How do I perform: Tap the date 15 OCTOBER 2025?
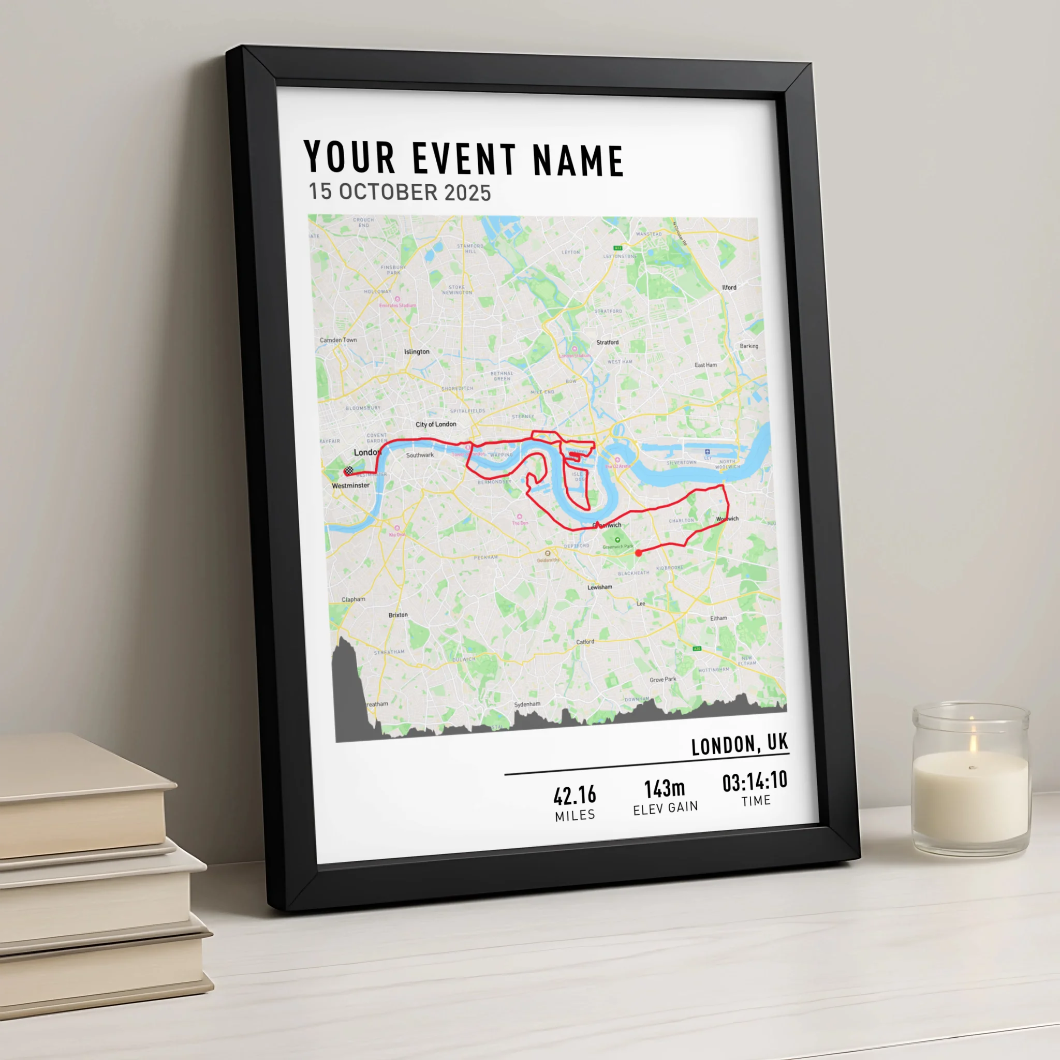(400, 192)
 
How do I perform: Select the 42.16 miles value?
(575, 795)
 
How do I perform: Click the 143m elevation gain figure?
(665, 789)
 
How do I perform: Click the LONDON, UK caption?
(739, 744)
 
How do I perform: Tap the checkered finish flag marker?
(348, 470)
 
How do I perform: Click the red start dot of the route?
(638, 553)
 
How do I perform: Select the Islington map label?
(417, 351)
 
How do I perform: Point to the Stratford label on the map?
(607, 342)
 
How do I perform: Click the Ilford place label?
(729, 287)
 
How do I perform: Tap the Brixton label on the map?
(398, 615)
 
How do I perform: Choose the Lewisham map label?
(600, 587)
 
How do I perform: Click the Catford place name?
(585, 642)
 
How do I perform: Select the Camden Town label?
(338, 340)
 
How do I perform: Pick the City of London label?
(436, 424)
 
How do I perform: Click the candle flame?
(973, 742)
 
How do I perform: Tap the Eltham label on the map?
(718, 619)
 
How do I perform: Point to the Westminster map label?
(350, 485)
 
